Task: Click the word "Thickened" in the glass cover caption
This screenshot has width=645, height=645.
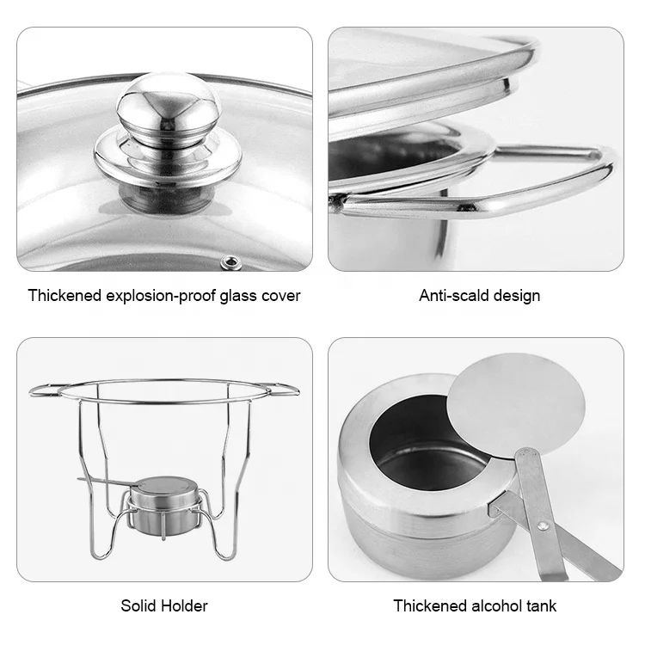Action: pos(64,296)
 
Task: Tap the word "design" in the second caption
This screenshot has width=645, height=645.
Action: pos(516,296)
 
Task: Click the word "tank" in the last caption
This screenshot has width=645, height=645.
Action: pos(541,606)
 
